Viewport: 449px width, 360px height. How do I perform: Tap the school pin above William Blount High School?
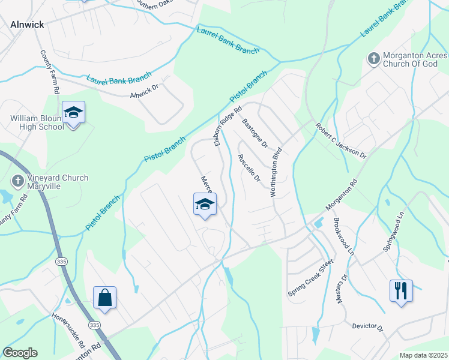click(x=74, y=113)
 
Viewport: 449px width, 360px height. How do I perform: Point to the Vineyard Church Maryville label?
click(x=58, y=182)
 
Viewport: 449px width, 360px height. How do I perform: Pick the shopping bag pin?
click(x=104, y=298)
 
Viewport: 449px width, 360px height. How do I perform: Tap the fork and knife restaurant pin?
click(x=401, y=292)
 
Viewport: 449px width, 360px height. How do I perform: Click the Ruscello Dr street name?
click(x=249, y=168)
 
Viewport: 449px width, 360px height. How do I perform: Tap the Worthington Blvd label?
click(x=276, y=171)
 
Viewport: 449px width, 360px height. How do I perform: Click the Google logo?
click(x=20, y=353)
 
